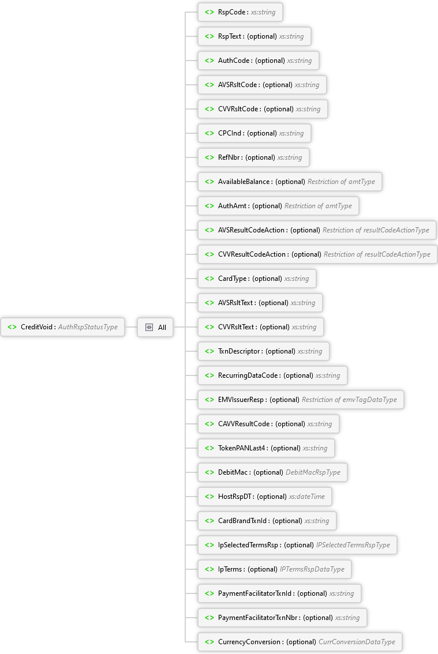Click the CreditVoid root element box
pyautogui.click(x=62, y=327)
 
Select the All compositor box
pyautogui.click(x=155, y=327)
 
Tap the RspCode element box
pyautogui.click(x=240, y=12)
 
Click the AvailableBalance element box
pyautogui.click(x=290, y=182)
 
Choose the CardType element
pyautogui.click(x=257, y=279)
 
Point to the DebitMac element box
pyautogui.click(x=272, y=472)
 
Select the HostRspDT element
pyautogui.click(x=265, y=497)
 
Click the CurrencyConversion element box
pyautogui.click(x=300, y=642)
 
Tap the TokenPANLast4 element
pyautogui.click(x=266, y=448)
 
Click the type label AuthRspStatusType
pyautogui.click(x=88, y=327)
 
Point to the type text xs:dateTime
pyautogui.click(x=307, y=497)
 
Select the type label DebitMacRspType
pyautogui.click(x=313, y=472)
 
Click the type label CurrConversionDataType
pyautogui.click(x=357, y=642)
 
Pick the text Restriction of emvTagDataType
pyautogui.click(x=349, y=400)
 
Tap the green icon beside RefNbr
pyautogui.click(x=209, y=157)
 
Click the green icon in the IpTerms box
pyautogui.click(x=209, y=569)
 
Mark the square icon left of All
pyautogui.click(x=149, y=327)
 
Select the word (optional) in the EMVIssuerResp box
pyautogui.click(x=284, y=400)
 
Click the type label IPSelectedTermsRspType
pyautogui.click(x=353, y=545)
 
